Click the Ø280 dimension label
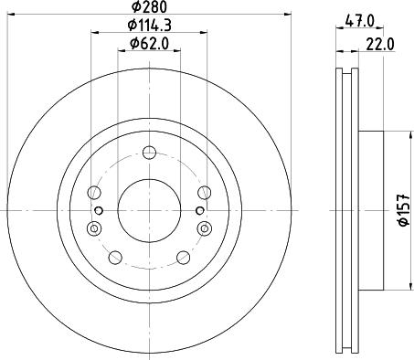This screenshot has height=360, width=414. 149,6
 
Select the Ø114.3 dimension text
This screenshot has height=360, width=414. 149,26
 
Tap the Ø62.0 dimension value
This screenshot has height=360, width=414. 149,44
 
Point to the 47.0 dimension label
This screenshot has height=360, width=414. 359,21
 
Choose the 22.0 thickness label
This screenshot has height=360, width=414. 380,45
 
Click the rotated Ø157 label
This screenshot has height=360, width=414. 404,210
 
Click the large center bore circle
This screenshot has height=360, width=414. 149,210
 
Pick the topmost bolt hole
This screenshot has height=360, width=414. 149,153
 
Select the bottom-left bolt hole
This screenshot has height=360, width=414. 115,258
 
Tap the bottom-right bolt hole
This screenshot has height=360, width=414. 184,258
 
